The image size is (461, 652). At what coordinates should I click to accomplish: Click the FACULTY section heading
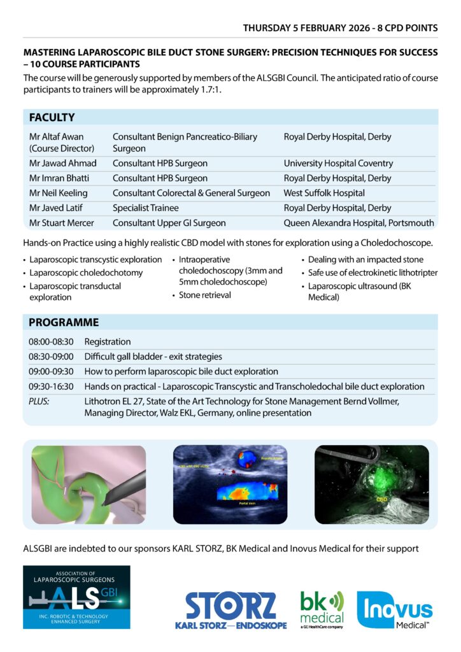(52, 118)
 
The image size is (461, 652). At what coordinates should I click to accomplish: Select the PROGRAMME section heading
(64, 322)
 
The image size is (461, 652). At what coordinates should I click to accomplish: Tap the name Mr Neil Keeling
(59, 193)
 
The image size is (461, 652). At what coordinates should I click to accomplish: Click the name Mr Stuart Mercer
(62, 223)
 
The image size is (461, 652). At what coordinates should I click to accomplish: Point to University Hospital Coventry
(338, 164)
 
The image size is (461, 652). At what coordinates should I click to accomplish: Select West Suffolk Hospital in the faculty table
(324, 193)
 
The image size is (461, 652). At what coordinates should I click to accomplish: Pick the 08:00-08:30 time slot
(51, 342)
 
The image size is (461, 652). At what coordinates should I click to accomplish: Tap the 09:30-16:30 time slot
(51, 386)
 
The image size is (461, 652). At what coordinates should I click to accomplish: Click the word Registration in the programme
(108, 342)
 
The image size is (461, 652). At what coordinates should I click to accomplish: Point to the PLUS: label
(39, 401)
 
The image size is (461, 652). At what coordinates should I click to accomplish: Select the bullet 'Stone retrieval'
(204, 295)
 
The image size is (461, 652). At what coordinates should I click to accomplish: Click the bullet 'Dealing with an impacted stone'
(365, 260)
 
